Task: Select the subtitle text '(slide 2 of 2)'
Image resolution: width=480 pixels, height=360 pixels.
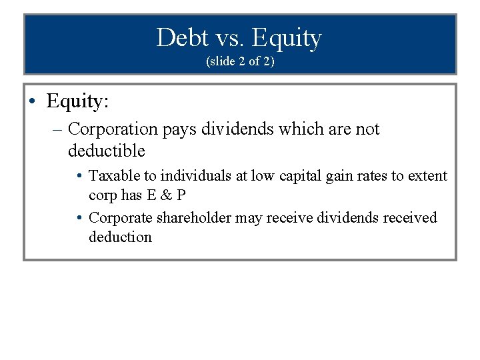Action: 239,61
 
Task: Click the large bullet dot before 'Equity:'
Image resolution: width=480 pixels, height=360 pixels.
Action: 33,101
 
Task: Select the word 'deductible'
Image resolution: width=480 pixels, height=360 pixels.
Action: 106,151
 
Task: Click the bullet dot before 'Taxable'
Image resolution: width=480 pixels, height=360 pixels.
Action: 79,177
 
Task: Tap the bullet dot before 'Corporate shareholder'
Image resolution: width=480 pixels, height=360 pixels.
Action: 79,218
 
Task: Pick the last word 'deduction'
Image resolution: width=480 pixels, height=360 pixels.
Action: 120,237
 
